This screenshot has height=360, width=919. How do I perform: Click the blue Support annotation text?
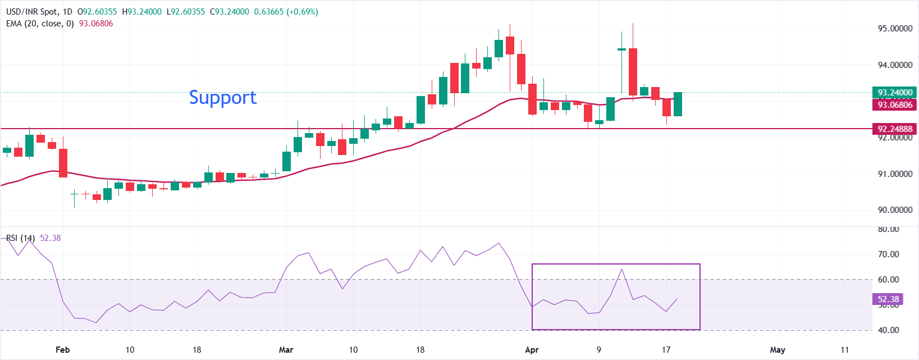coord(222,98)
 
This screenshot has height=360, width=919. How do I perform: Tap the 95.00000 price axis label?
coord(895,29)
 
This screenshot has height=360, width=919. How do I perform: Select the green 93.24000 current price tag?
coord(894,93)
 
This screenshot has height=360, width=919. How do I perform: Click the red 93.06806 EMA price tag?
coord(894,105)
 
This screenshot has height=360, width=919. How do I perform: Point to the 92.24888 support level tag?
coord(894,129)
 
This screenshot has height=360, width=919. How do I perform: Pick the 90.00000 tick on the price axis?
coord(895,210)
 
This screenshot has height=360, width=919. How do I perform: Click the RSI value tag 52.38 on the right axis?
coord(888,299)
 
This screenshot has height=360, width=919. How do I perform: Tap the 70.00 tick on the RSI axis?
coord(888,254)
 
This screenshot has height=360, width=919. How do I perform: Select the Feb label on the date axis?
coord(63,350)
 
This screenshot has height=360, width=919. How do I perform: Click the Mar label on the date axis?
coord(286,350)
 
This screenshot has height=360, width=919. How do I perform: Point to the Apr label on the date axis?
coord(532,350)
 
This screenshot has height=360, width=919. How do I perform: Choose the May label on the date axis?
coord(778,350)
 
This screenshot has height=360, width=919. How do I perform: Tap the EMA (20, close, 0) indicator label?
coord(40,24)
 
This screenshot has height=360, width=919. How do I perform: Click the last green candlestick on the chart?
coord(678,104)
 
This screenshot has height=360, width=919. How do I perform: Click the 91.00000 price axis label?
coord(895,174)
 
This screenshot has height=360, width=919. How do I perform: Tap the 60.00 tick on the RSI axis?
coord(888,280)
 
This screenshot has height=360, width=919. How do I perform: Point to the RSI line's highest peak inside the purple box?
coord(621,270)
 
